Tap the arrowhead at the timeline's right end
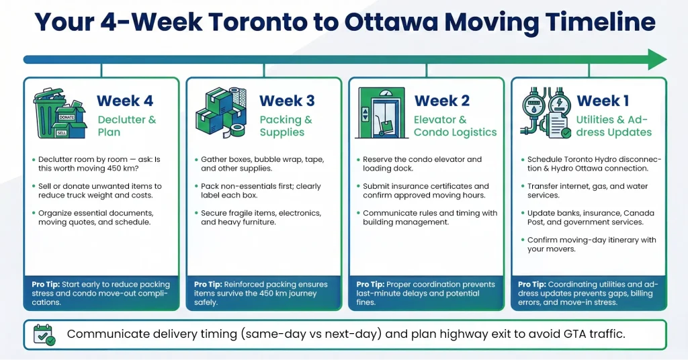(x=656, y=59)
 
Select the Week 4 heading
(x=125, y=101)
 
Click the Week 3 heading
(x=287, y=101)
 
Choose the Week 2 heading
(x=442, y=101)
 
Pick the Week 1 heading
(x=603, y=101)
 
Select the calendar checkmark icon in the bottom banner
(x=45, y=334)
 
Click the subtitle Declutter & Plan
(x=127, y=126)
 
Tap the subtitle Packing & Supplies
(x=286, y=126)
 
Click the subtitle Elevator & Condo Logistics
(x=455, y=126)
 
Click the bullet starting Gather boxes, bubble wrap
(x=263, y=165)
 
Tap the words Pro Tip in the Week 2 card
(x=371, y=284)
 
